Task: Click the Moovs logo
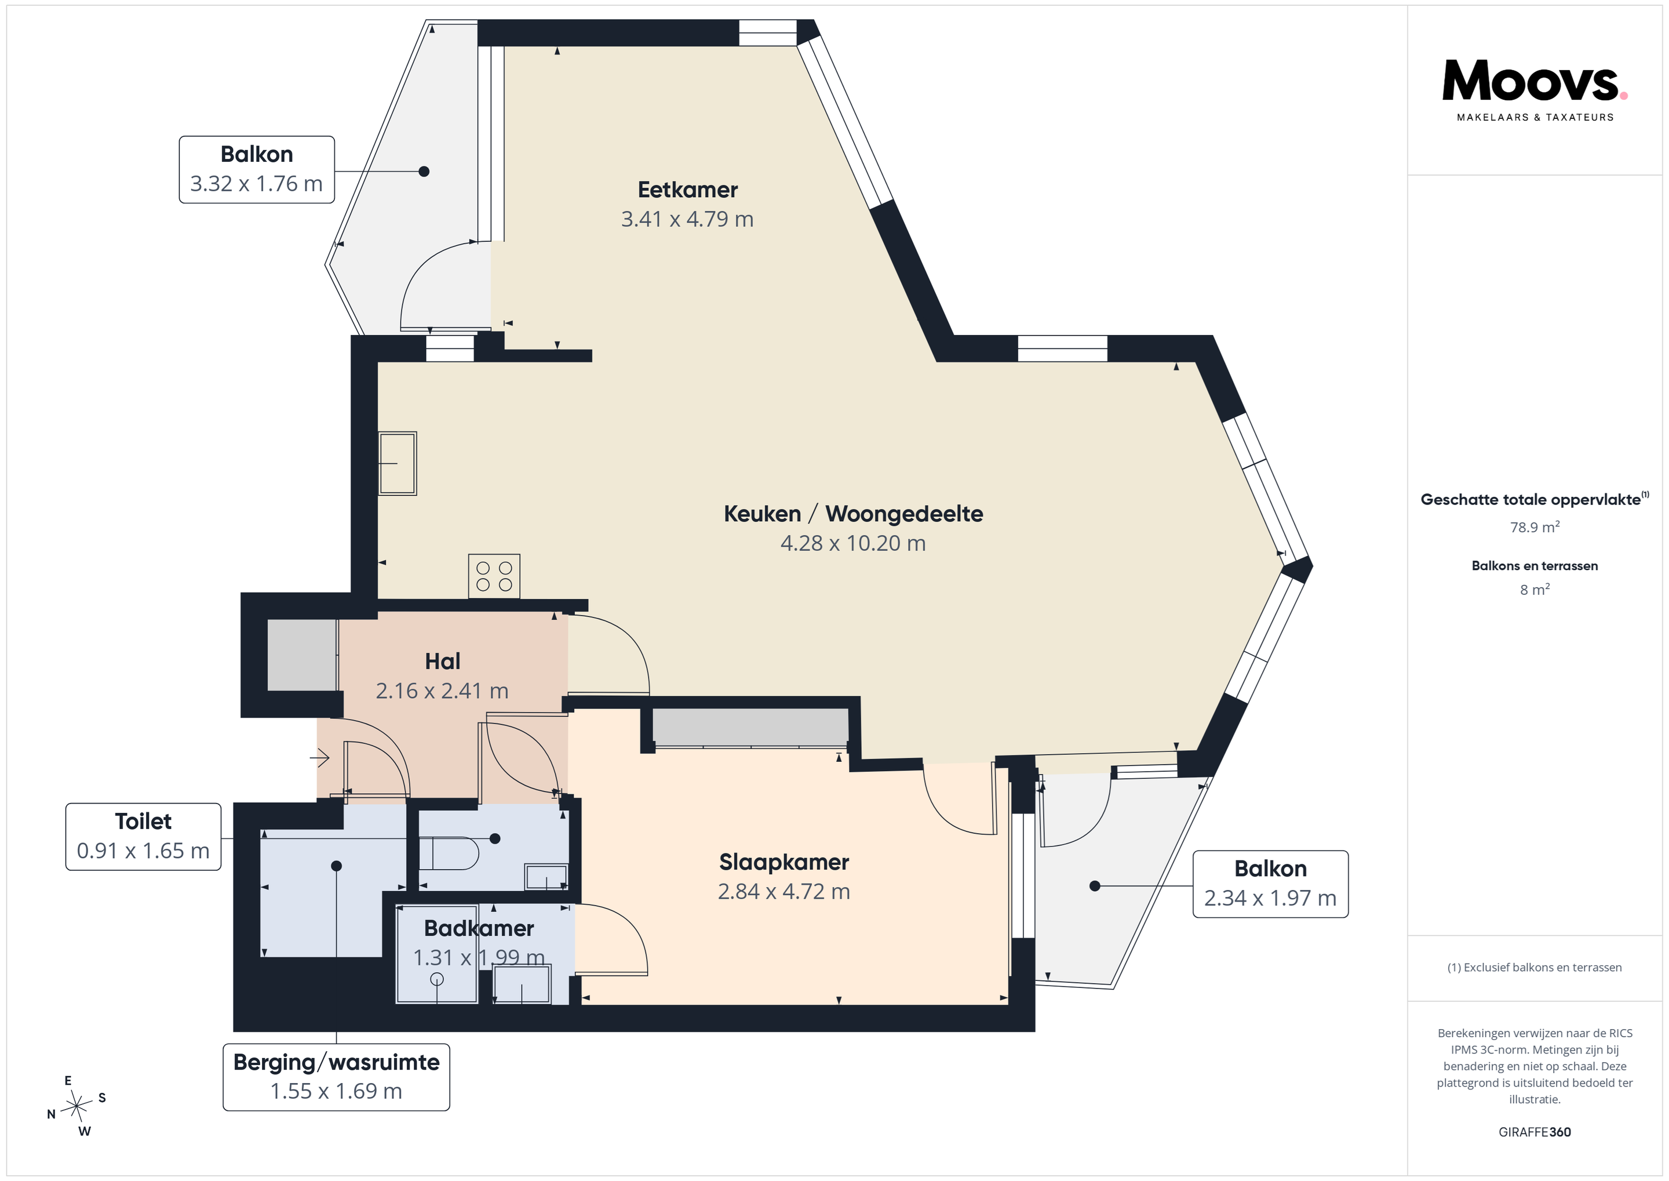coord(1535,89)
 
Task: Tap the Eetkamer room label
coord(688,190)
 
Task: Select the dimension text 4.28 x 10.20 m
coord(852,543)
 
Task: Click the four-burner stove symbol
coord(494,576)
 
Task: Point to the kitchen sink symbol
coord(398,464)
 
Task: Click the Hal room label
coord(443,661)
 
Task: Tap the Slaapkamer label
coord(784,862)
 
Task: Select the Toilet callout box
coord(143,836)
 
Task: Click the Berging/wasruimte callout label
coord(337,1077)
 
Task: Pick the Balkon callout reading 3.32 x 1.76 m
coord(257,169)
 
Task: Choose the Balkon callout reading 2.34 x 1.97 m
coord(1271,884)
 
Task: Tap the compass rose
coord(76,1106)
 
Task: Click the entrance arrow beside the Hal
coord(320,758)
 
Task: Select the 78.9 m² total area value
coord(1535,526)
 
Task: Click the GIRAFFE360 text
coord(1535,1132)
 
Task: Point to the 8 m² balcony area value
coord(1535,589)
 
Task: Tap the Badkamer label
coord(479,929)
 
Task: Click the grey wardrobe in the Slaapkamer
coord(750,727)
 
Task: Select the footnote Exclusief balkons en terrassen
coord(1535,967)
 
